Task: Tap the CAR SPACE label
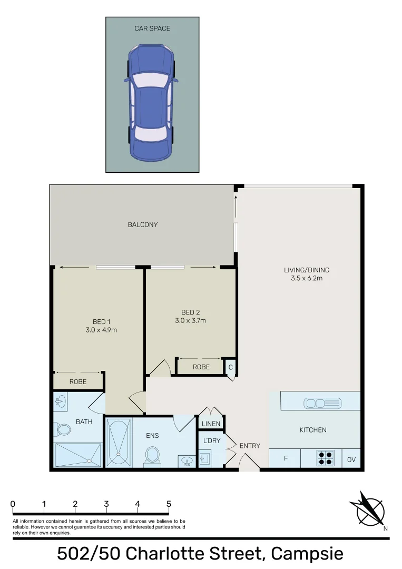click(152, 28)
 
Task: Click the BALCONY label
click(143, 224)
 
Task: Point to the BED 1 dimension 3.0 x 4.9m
click(101, 330)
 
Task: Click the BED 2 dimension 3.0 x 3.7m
click(190, 320)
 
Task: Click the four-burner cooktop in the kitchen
click(326, 458)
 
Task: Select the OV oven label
click(351, 459)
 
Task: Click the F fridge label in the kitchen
click(286, 459)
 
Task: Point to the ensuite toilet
click(153, 455)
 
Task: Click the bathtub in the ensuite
click(118, 443)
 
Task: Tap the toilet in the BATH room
click(63, 429)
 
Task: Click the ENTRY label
click(250, 446)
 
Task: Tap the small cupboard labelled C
click(230, 367)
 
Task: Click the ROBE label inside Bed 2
click(201, 367)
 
